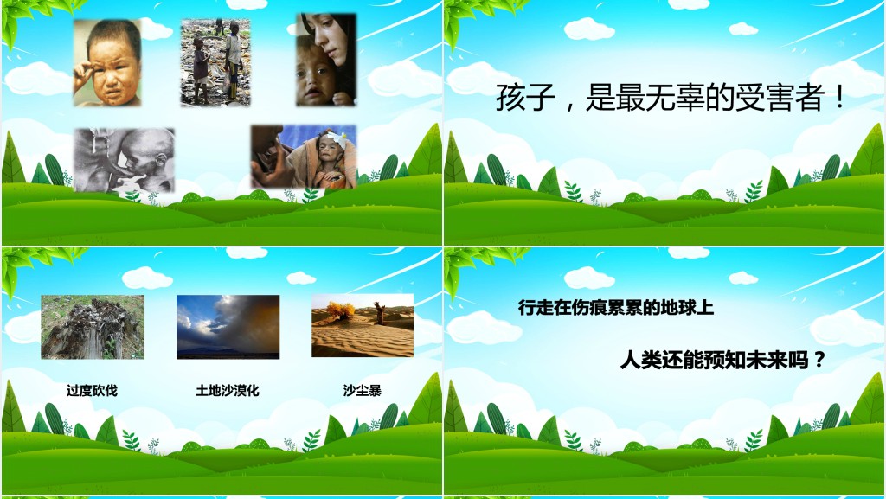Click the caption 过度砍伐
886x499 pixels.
[x=92, y=390]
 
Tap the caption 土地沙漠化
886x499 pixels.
[x=228, y=390]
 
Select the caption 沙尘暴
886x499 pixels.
[x=362, y=390]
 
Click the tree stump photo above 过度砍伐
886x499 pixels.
[x=93, y=327]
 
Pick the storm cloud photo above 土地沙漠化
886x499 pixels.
[x=228, y=327]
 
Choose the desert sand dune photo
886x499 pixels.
[x=362, y=326]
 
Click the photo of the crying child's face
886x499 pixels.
[x=107, y=63]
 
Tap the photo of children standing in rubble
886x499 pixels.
[x=215, y=62]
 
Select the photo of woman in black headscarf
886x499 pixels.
[x=325, y=60]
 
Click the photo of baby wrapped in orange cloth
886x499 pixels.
[x=303, y=157]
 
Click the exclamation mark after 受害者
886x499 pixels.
[x=838, y=99]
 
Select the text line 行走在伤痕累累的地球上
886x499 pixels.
[x=615, y=307]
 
